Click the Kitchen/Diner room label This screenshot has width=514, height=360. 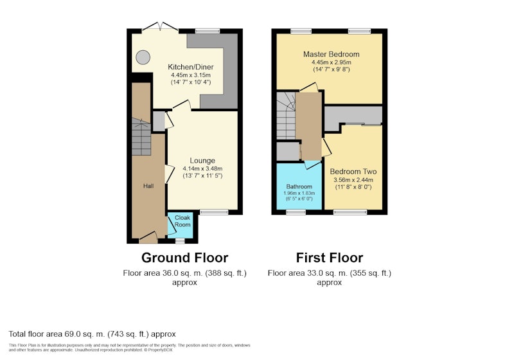pyautogui.click(x=190, y=67)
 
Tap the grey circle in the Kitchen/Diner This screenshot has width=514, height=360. pyautogui.click(x=143, y=57)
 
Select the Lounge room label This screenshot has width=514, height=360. pyautogui.click(x=202, y=161)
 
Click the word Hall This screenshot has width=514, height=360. pyautogui.click(x=148, y=186)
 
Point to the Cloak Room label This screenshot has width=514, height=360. pyautogui.click(x=182, y=221)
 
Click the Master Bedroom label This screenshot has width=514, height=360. pyautogui.click(x=331, y=54)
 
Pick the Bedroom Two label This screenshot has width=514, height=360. pyautogui.click(x=353, y=172)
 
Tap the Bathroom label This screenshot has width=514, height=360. pyautogui.click(x=299, y=186)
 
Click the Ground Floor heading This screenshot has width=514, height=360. pyautogui.click(x=184, y=258)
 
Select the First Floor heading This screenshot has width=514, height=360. pyautogui.click(x=330, y=258)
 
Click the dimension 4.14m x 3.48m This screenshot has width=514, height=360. pyautogui.click(x=202, y=168)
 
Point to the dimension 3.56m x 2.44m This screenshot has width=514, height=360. pyautogui.click(x=353, y=179)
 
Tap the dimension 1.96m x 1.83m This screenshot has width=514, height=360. pyautogui.click(x=299, y=193)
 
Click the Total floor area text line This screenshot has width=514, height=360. pyautogui.click(x=92, y=334)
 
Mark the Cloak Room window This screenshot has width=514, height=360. pyautogui.click(x=180, y=241)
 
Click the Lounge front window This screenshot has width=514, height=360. pyautogui.click(x=214, y=212)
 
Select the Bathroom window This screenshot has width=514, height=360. pyautogui.click(x=296, y=212)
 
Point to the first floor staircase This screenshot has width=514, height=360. pyautogui.click(x=286, y=116)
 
